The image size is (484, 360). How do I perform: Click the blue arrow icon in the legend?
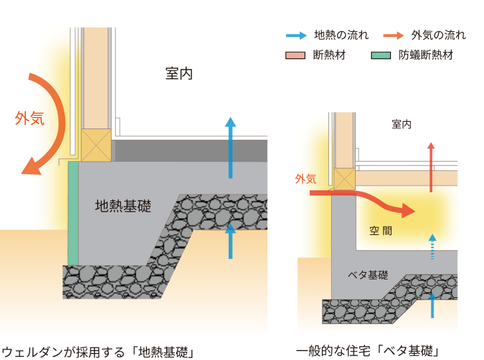[295, 35]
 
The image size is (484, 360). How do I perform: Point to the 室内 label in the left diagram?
[179, 73]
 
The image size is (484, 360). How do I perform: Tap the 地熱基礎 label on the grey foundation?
[123, 206]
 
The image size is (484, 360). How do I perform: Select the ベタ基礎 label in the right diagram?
[368, 274]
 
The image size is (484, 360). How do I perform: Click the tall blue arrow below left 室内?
[230, 147]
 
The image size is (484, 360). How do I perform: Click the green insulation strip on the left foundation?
[73, 213]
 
